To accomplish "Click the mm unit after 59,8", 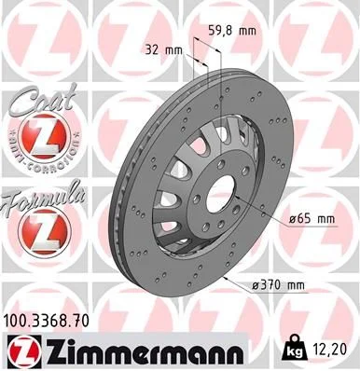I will (247, 30).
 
